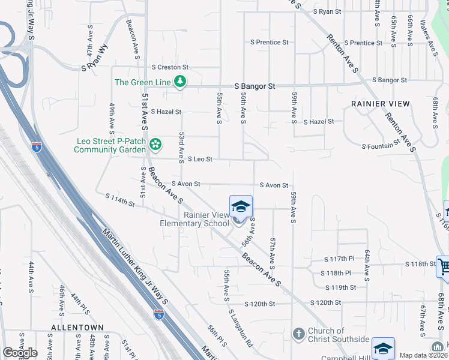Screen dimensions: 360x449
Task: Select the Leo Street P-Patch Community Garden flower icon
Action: coord(155,144)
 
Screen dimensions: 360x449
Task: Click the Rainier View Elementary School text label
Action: coord(206,219)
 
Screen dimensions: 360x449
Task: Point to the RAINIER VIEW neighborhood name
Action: coord(381,104)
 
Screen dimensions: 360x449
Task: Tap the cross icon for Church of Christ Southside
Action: coord(298,333)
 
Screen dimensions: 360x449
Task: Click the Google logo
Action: coord(20,353)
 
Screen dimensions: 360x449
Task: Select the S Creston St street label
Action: coord(170,67)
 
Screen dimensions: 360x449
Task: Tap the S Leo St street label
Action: coord(200,159)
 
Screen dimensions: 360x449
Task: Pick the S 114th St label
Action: coord(119,199)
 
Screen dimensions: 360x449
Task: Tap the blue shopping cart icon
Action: coord(444,266)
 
